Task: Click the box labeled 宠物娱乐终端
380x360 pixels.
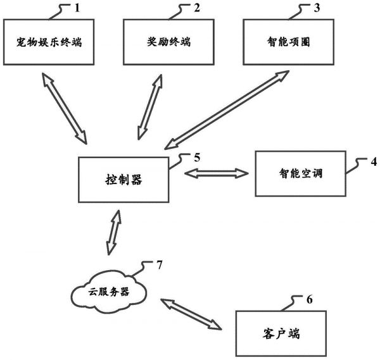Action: [x=49, y=43]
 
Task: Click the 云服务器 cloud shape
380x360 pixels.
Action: [x=108, y=293]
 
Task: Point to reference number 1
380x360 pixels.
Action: [x=79, y=8]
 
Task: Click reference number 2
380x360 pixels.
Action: [x=196, y=8]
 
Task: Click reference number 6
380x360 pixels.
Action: [x=308, y=299]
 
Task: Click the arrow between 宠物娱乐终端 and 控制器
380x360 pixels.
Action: [x=63, y=108]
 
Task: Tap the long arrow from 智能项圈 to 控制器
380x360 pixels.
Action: [x=224, y=109]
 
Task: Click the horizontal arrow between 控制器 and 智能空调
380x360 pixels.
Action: [x=213, y=172]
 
